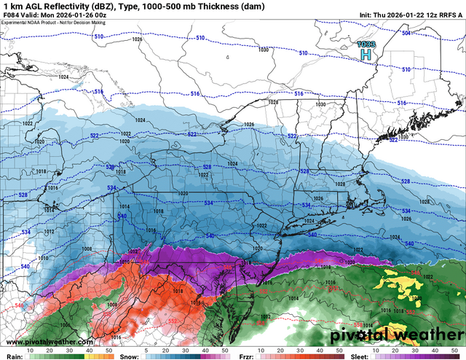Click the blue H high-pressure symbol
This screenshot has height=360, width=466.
(x=366, y=55)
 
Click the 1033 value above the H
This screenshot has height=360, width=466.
(x=366, y=44)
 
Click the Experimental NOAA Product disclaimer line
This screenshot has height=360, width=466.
(x=54, y=23)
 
